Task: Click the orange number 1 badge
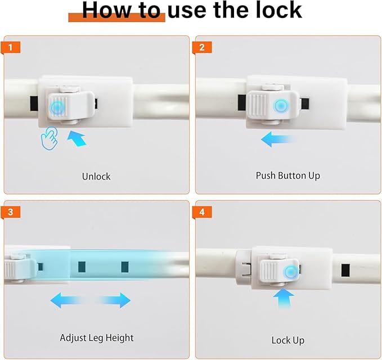coord(10,47)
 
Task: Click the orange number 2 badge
coord(202,47)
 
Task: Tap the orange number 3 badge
coord(10,212)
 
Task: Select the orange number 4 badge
coord(202,212)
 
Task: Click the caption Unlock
coord(96,177)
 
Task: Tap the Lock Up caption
coord(288,340)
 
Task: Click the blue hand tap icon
coord(50,138)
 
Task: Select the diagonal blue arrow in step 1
coord(77,138)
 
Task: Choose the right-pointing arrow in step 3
coord(113,300)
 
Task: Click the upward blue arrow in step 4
coord(284,299)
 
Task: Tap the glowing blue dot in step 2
coord(281,106)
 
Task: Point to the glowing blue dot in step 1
coord(57,107)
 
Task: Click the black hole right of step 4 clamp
coord(345,271)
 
